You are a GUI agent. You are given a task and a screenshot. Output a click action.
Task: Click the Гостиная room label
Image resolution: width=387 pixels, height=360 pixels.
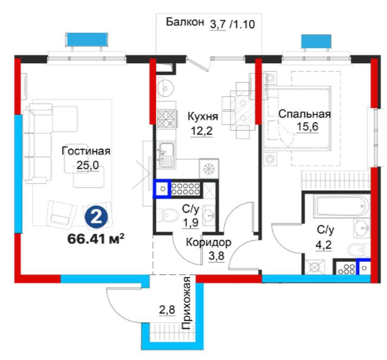pyautogui.click(x=86, y=151)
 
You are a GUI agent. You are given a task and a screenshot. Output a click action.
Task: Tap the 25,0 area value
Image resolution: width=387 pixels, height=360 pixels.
pyautogui.click(x=88, y=165)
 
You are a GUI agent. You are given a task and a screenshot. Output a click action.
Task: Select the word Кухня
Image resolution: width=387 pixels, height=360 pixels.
pyautogui.click(x=203, y=116)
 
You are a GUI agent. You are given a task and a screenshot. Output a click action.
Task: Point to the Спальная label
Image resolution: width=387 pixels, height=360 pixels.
pyautogui.click(x=305, y=114)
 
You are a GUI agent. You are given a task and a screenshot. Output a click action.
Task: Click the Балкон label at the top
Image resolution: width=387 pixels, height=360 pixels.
pyautogui.click(x=185, y=22)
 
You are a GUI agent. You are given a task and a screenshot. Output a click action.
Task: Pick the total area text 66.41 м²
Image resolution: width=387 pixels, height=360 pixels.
pyautogui.click(x=96, y=239)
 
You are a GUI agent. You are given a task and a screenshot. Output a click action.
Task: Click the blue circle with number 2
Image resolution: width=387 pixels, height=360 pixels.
pyautogui.click(x=97, y=217)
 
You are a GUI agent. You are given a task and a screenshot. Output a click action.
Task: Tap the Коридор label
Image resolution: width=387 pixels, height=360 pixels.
pyautogui.click(x=208, y=242)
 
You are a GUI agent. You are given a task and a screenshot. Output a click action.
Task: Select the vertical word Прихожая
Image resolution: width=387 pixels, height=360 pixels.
pyautogui.click(x=187, y=303)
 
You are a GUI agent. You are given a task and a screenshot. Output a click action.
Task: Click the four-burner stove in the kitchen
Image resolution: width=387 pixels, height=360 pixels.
pyautogui.click(x=166, y=119)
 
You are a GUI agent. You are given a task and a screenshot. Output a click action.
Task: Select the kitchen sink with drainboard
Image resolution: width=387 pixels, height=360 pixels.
pyautogui.click(x=166, y=155)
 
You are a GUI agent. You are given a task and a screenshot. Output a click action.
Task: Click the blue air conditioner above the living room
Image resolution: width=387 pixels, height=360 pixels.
pyautogui.click(x=86, y=40)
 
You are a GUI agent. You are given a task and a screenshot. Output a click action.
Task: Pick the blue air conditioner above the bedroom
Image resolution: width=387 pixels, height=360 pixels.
pyautogui.click(x=316, y=41)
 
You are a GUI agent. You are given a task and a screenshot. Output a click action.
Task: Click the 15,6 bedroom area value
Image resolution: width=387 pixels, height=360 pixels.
pyautogui.click(x=307, y=127)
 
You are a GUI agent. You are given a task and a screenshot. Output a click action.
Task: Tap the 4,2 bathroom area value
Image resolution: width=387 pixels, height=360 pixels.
pyautogui.click(x=324, y=245)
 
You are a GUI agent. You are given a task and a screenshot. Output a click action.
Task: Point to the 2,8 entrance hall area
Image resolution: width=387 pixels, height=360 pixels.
pyautogui.click(x=167, y=309)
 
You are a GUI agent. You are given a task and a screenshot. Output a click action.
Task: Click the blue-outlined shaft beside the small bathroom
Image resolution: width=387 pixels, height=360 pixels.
pyautogui.click(x=162, y=189)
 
